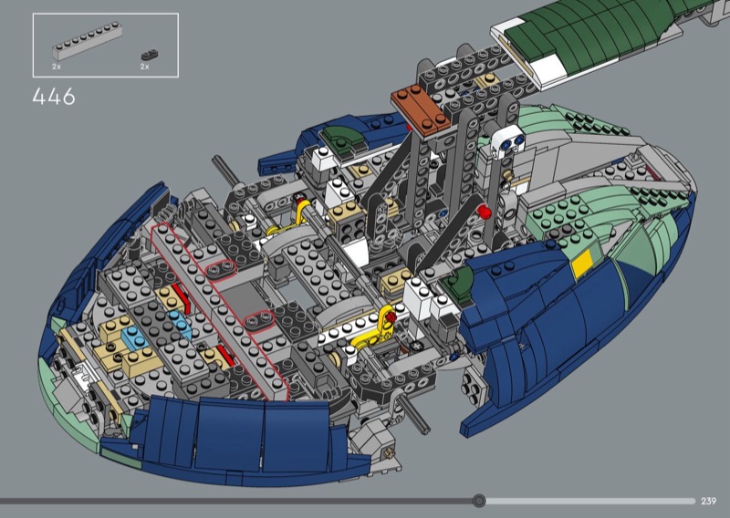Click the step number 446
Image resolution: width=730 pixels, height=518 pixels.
point(54,97)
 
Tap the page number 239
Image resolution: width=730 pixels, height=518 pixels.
point(708,501)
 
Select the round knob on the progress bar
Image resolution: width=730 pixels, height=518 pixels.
point(478,501)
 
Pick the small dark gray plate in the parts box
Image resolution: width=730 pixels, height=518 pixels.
point(150,55)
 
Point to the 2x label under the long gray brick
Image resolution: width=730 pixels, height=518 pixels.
point(57,67)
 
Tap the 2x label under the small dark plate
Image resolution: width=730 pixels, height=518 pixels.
point(145,67)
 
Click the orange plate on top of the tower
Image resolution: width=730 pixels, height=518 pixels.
point(421,110)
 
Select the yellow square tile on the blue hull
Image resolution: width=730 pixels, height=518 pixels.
point(582,264)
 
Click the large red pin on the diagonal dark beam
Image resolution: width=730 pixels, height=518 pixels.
point(484,212)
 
